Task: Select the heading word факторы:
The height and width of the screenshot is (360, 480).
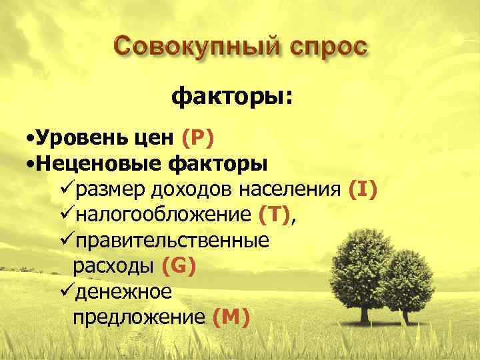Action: coord(232,99)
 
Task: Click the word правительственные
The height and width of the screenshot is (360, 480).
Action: coord(173,241)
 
